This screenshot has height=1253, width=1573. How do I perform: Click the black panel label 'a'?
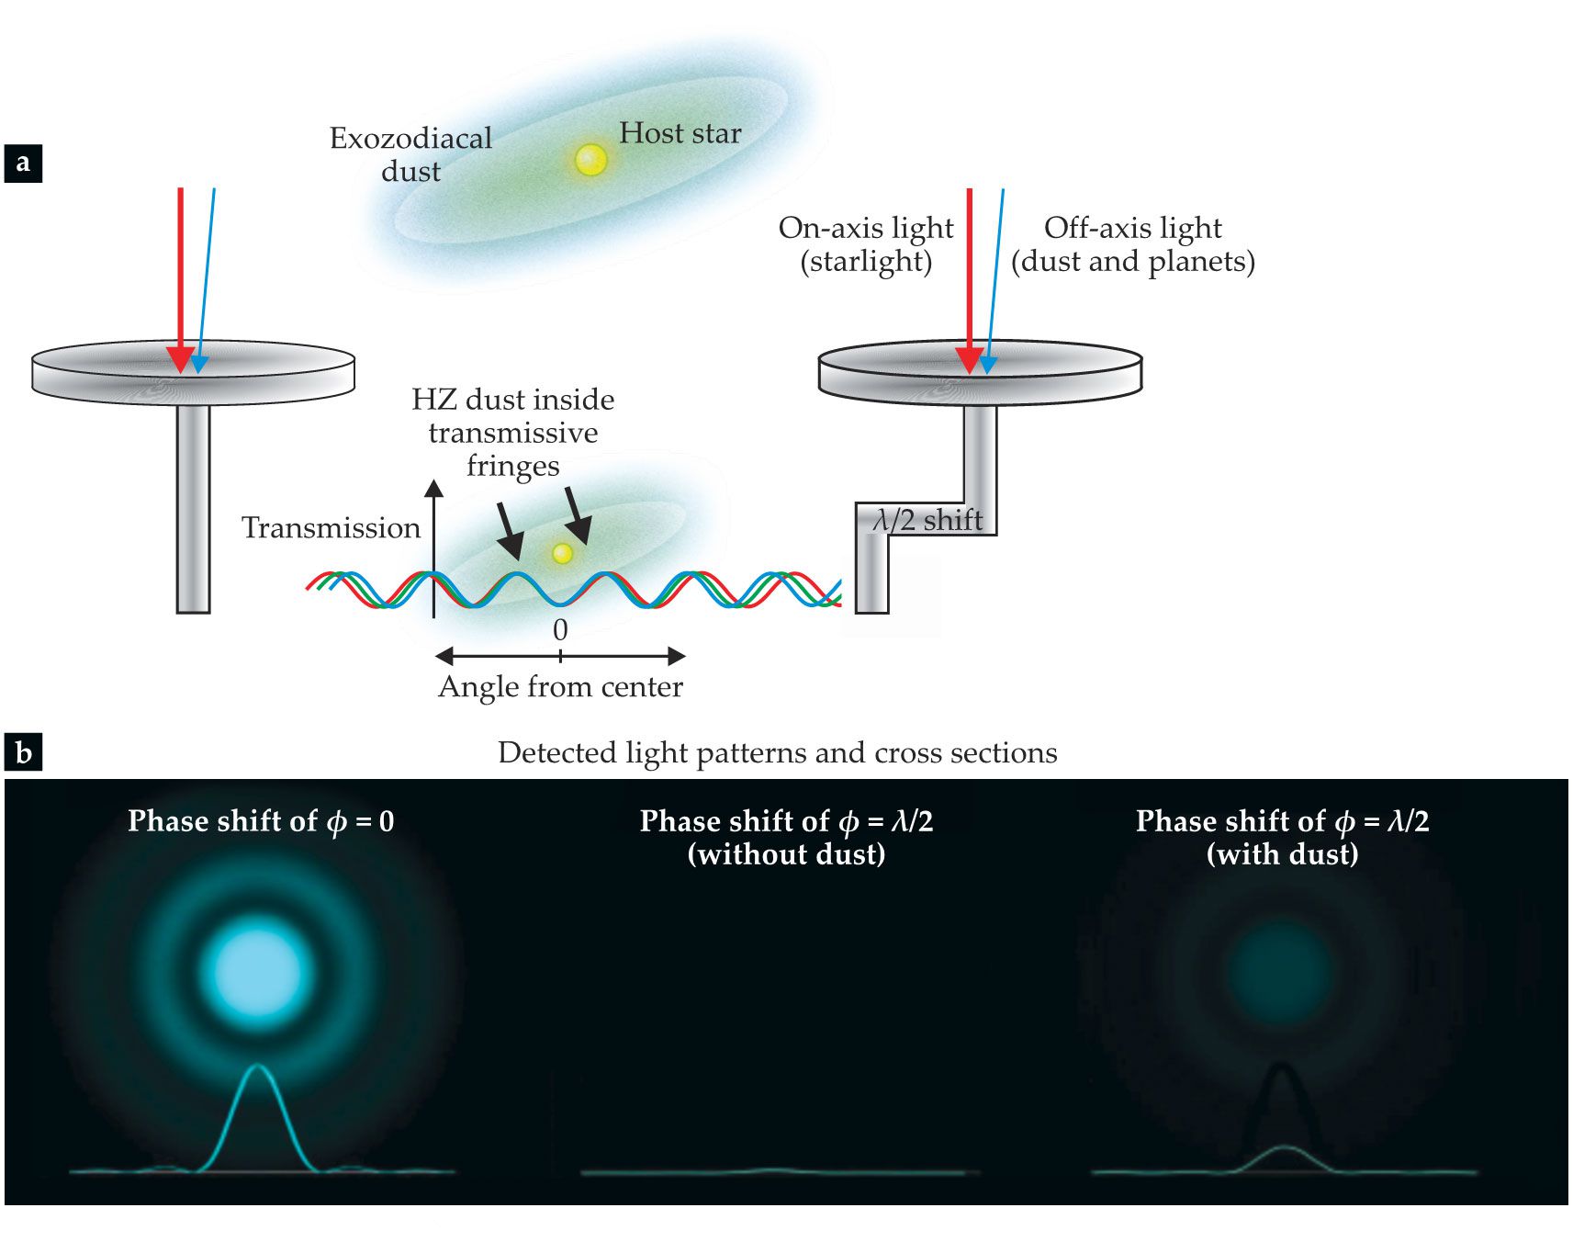[23, 164]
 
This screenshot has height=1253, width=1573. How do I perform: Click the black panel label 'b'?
[23, 752]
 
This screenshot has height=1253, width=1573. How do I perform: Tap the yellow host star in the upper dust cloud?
[590, 160]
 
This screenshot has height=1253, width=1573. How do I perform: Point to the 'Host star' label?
[680, 133]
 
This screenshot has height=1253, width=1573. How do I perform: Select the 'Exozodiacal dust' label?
[410, 154]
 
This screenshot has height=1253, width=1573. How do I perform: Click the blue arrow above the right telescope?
[994, 276]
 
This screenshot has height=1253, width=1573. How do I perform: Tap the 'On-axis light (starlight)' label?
[866, 244]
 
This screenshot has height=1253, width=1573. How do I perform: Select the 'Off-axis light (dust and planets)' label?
[1132, 244]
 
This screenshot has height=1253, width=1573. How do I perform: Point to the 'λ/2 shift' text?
[927, 521]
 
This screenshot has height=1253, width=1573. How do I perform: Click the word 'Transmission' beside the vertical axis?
[331, 528]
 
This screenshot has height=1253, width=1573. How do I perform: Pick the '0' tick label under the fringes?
[560, 630]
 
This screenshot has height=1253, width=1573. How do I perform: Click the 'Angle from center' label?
[560, 687]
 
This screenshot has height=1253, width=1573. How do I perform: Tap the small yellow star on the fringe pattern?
[562, 553]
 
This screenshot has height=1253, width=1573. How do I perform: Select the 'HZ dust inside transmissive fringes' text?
[512, 432]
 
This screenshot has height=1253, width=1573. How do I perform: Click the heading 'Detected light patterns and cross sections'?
[777, 753]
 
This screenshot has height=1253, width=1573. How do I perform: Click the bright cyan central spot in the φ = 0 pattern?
[257, 972]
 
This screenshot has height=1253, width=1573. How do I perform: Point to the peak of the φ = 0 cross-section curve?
[258, 1067]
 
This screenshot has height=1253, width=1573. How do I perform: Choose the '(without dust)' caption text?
[786, 854]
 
